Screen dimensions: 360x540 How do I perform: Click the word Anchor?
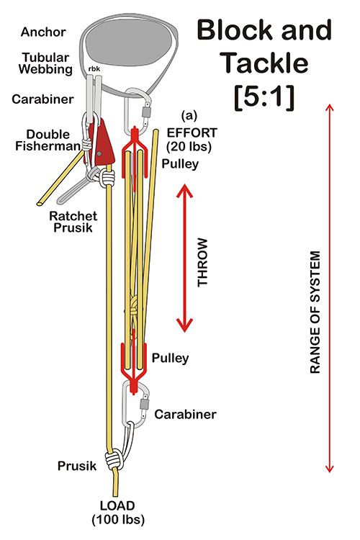tap(43, 32)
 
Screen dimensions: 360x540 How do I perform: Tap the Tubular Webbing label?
tap(45, 63)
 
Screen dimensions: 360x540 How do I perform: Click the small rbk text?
tap(94, 69)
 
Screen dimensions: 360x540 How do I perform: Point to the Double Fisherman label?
tap(48, 140)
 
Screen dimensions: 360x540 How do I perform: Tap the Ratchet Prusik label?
tap(73, 222)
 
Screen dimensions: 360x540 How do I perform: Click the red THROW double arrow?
tap(184, 258)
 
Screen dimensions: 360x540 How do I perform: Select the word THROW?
tap(202, 262)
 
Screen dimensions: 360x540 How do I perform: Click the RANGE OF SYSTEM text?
tap(315, 312)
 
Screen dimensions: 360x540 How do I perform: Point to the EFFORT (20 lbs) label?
tap(192, 140)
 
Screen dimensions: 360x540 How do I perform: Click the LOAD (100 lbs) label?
tap(118, 513)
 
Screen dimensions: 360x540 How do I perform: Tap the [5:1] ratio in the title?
tap(264, 96)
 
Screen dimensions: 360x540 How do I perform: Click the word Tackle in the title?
tap(264, 63)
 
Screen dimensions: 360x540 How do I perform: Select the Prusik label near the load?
tap(77, 466)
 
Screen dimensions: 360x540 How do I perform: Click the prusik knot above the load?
tap(114, 460)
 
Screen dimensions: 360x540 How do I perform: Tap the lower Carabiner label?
tap(185, 414)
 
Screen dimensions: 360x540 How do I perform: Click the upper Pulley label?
tap(180, 163)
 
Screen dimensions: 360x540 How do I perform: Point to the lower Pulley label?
tap(170, 358)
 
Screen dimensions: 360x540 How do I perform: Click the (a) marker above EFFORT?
tap(189, 116)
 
